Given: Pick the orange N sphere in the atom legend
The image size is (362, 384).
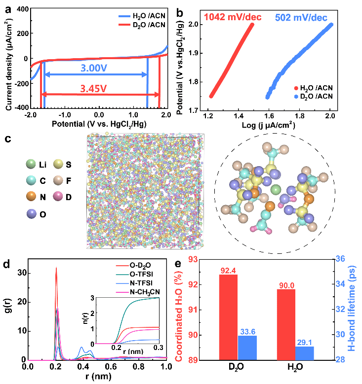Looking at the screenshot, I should [x=31, y=197].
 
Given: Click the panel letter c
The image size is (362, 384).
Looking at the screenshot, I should [x=8, y=138].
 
